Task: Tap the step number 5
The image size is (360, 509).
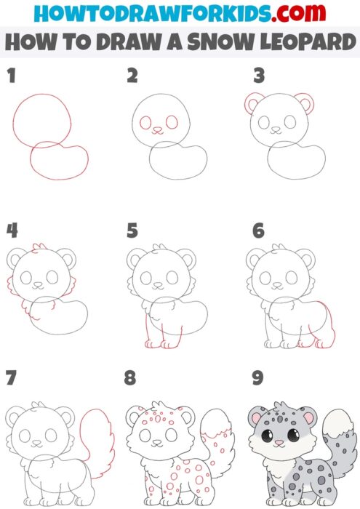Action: (132, 231)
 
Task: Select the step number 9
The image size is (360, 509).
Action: (256, 378)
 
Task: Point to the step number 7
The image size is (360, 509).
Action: (11, 378)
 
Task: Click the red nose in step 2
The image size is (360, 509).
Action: (156, 132)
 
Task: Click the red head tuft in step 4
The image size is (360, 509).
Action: (39, 249)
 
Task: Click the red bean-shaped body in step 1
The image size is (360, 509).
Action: (60, 162)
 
